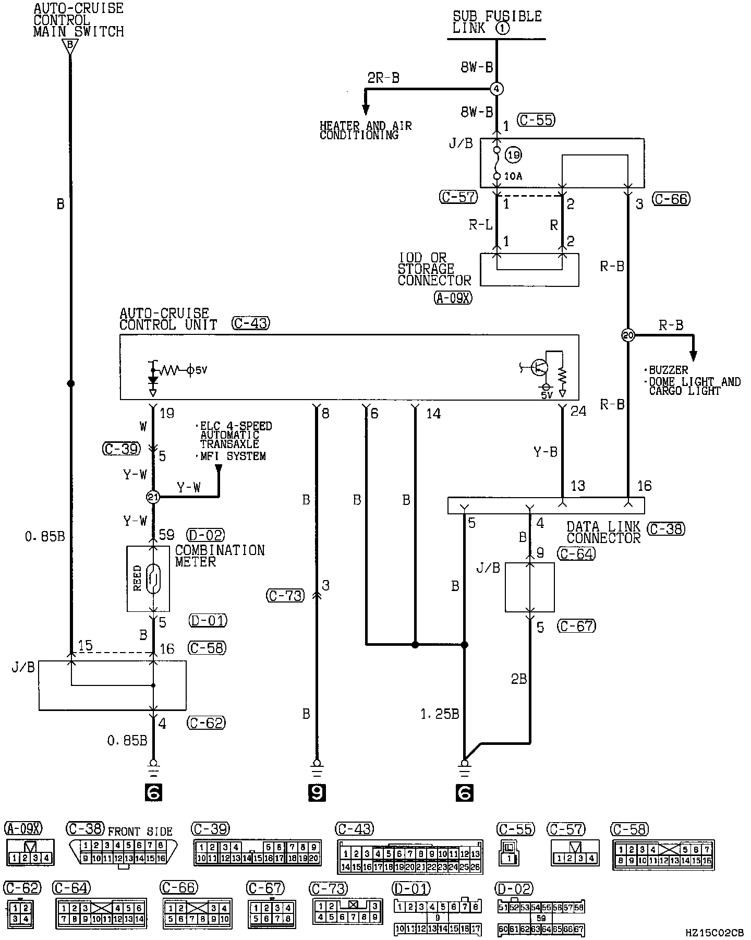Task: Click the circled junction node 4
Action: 496,89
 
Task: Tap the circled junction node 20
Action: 628,335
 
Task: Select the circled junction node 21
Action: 153,497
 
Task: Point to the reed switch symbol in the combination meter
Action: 154,579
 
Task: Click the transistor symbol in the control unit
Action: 539,367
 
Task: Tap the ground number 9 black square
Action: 317,793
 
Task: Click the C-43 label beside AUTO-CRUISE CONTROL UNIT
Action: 250,324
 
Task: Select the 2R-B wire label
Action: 383,78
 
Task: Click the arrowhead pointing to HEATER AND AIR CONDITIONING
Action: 366,109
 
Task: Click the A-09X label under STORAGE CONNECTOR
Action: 452,298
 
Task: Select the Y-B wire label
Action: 546,452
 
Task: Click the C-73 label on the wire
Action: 285,595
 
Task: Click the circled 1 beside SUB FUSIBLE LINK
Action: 502,28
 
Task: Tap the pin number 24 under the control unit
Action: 578,412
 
